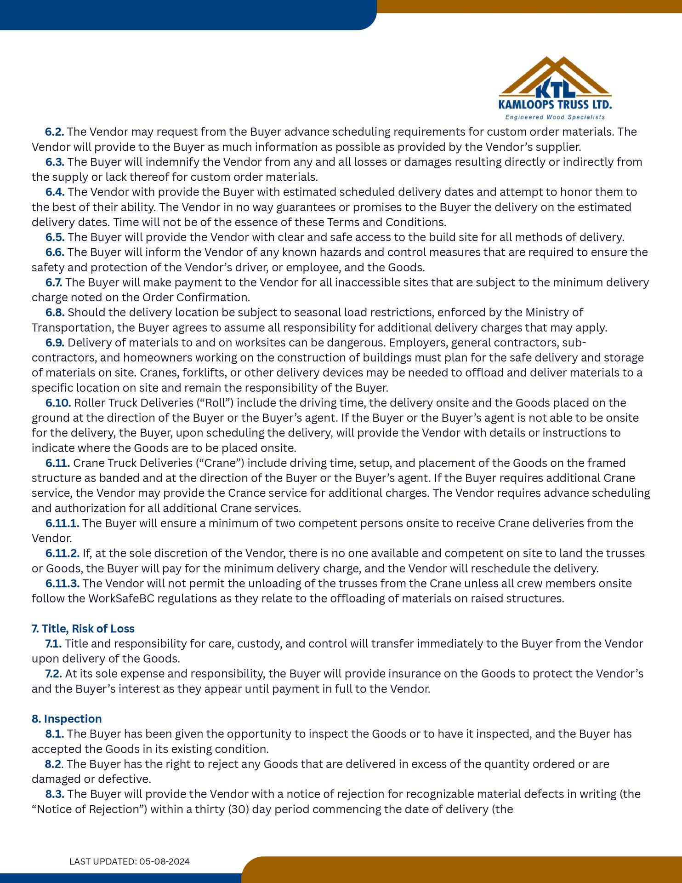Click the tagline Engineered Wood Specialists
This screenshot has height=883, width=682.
555,117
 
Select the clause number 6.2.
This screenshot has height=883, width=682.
54,132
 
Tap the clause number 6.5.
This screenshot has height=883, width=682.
55,237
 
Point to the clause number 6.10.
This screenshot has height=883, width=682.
58,403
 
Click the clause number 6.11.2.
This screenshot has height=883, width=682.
62,553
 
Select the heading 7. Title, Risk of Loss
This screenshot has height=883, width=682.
83,629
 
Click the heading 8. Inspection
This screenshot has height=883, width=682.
67,719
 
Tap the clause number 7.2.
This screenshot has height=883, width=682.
53,674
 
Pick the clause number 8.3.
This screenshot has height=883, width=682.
55,794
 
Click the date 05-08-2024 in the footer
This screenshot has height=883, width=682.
165,861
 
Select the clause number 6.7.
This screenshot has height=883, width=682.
54,282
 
